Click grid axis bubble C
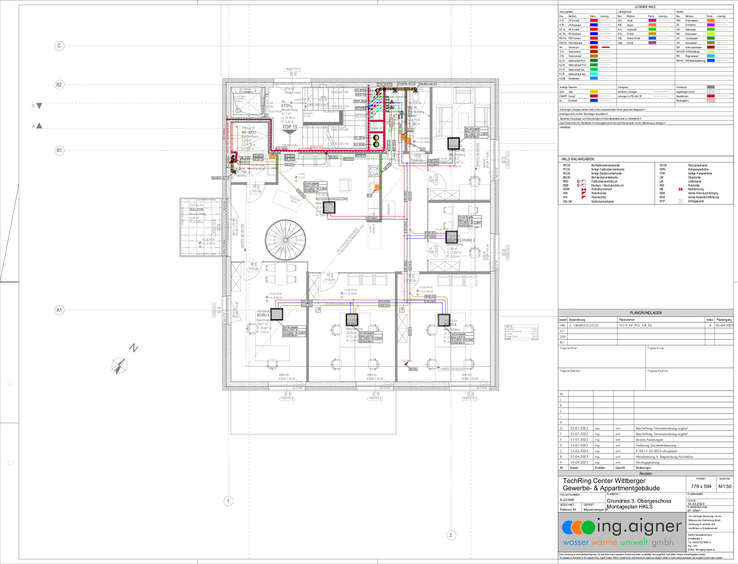pyautogui.click(x=59, y=46)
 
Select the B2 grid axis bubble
pyautogui.click(x=59, y=85)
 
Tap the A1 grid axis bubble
pyautogui.click(x=59, y=310)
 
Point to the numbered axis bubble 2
pyautogui.click(x=451, y=535)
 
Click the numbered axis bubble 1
pyautogui.click(x=229, y=501)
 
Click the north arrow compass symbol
pyautogui.click(x=119, y=365)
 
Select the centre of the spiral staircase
pyautogui.click(x=285, y=240)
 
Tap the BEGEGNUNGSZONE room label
pyautogui.click(x=331, y=199)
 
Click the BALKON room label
pyautogui.click(x=196, y=209)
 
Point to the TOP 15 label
pyautogui.click(x=290, y=127)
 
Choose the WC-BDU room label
pyautogui.click(x=249, y=132)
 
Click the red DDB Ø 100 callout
pyautogui.click(x=316, y=148)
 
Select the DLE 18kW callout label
pyautogui.click(x=281, y=148)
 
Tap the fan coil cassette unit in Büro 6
pyautogui.click(x=277, y=314)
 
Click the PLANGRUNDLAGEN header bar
pyautogui.click(x=645, y=313)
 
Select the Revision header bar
pyautogui.click(x=645, y=473)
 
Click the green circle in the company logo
pyautogui.click(x=588, y=527)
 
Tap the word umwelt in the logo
pyautogui.click(x=634, y=543)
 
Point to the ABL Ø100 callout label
pyautogui.click(x=245, y=158)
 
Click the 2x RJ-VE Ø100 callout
pyautogui.click(x=385, y=85)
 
